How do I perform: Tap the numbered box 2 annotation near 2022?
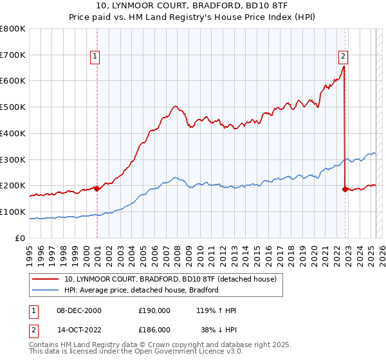(343, 55)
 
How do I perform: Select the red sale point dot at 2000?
(96, 188)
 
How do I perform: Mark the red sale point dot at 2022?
(345, 189)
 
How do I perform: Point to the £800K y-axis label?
(13, 29)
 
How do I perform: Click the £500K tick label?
(13, 107)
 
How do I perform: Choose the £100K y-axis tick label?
(13, 212)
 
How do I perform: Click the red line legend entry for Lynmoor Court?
(170, 279)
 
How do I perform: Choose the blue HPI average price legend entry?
(142, 290)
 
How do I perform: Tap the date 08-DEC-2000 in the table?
(79, 310)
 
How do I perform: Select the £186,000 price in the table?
(154, 330)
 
